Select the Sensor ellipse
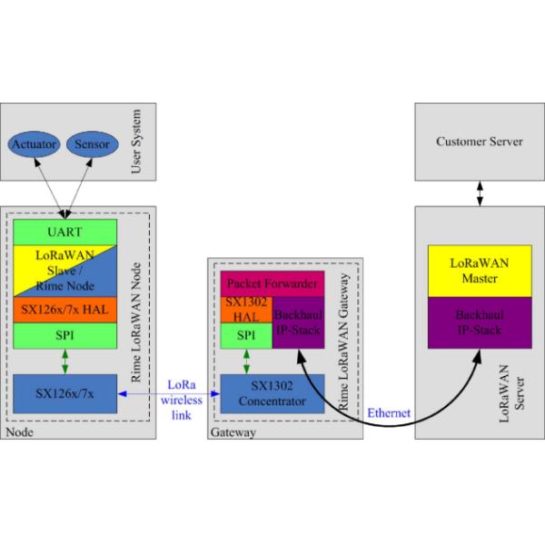(93, 144)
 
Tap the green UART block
(64, 232)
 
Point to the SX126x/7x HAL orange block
(64, 310)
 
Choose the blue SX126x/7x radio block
(64, 393)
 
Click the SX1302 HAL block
(246, 309)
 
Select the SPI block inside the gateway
(246, 335)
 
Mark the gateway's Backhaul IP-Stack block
(299, 322)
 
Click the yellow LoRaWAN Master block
(479, 270)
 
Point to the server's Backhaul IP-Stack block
(479, 322)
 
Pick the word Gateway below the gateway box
(234, 433)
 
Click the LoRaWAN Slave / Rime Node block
(64, 269)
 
